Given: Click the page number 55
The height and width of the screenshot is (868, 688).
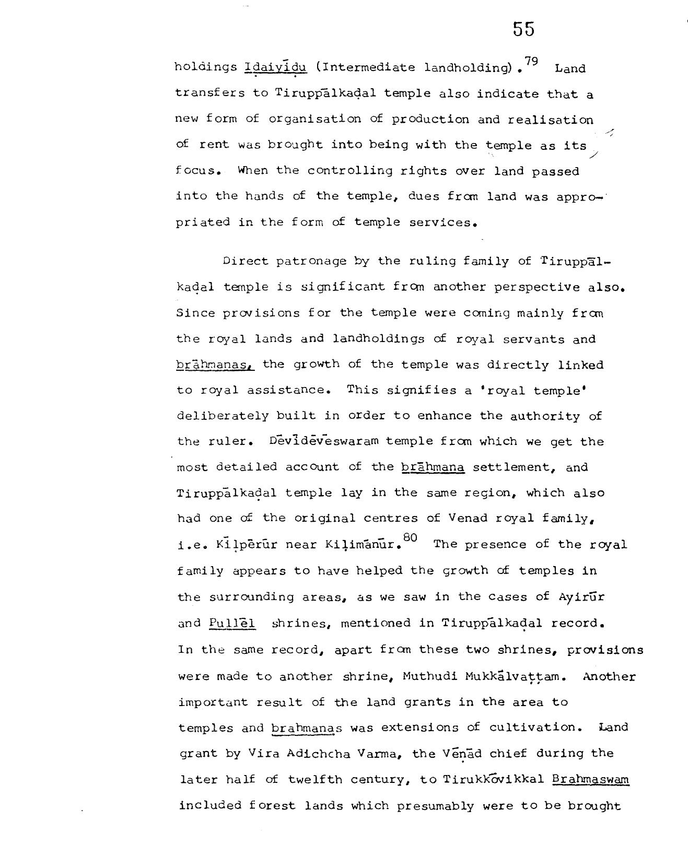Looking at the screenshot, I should tap(523, 29).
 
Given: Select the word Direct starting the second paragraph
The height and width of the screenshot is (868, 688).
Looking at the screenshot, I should tap(244, 261).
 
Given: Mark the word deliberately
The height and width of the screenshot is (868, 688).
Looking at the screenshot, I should tap(223, 416).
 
